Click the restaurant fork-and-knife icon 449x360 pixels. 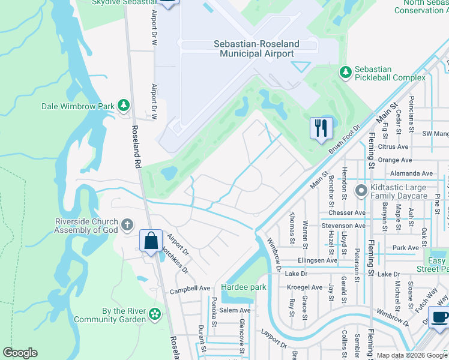tap(321, 127)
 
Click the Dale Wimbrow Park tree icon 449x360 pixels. tap(124, 106)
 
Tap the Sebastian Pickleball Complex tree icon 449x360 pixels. tap(345, 72)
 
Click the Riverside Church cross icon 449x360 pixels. tap(127, 225)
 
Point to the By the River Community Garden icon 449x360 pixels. tap(155, 314)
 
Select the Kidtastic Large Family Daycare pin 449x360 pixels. tap(361, 191)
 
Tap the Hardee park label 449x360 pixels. tap(243, 287)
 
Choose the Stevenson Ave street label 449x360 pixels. tap(343, 226)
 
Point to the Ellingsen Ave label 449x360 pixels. tap(318, 260)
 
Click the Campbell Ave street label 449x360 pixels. tap(190, 288)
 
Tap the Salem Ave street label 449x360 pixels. tap(235, 310)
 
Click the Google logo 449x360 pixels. tap(20, 353)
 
